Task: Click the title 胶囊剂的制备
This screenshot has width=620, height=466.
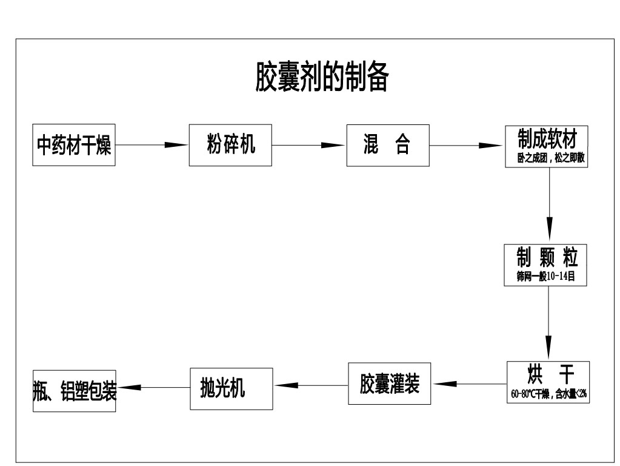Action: tap(321, 78)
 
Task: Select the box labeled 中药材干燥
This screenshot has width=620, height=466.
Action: tap(74, 146)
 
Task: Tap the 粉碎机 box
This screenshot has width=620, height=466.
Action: tap(231, 145)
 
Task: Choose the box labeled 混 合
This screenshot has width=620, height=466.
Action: tap(387, 145)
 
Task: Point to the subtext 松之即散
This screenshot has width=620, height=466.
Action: tap(569, 159)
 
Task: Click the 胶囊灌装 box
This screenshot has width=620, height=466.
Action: tap(389, 383)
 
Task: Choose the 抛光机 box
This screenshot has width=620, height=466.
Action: tap(223, 387)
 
